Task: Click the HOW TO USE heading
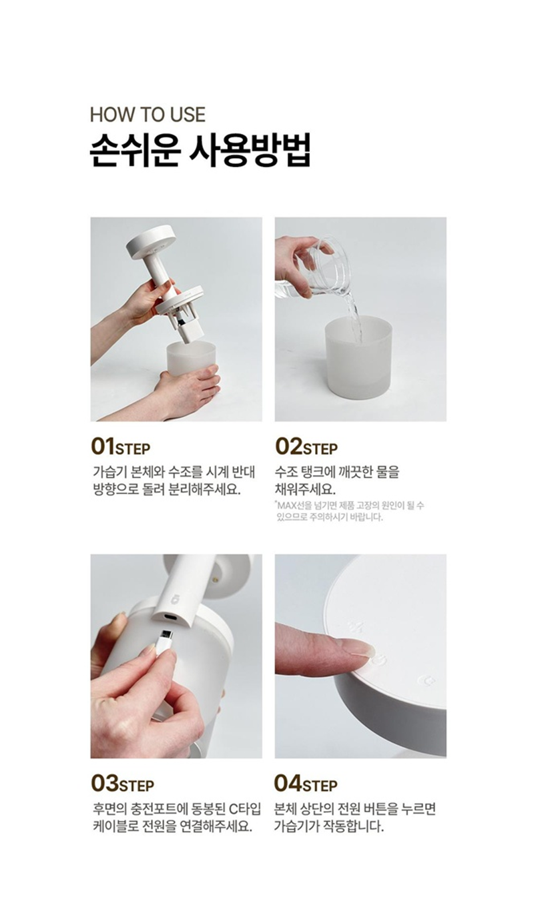point(148,115)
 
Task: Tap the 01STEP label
point(120,447)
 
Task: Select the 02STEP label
point(306,447)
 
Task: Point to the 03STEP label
point(122,784)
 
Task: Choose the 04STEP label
point(306,784)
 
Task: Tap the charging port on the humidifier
point(171,618)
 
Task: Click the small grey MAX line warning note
point(349,511)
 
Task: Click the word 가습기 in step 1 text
point(106,472)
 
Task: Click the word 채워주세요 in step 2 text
point(305,490)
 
